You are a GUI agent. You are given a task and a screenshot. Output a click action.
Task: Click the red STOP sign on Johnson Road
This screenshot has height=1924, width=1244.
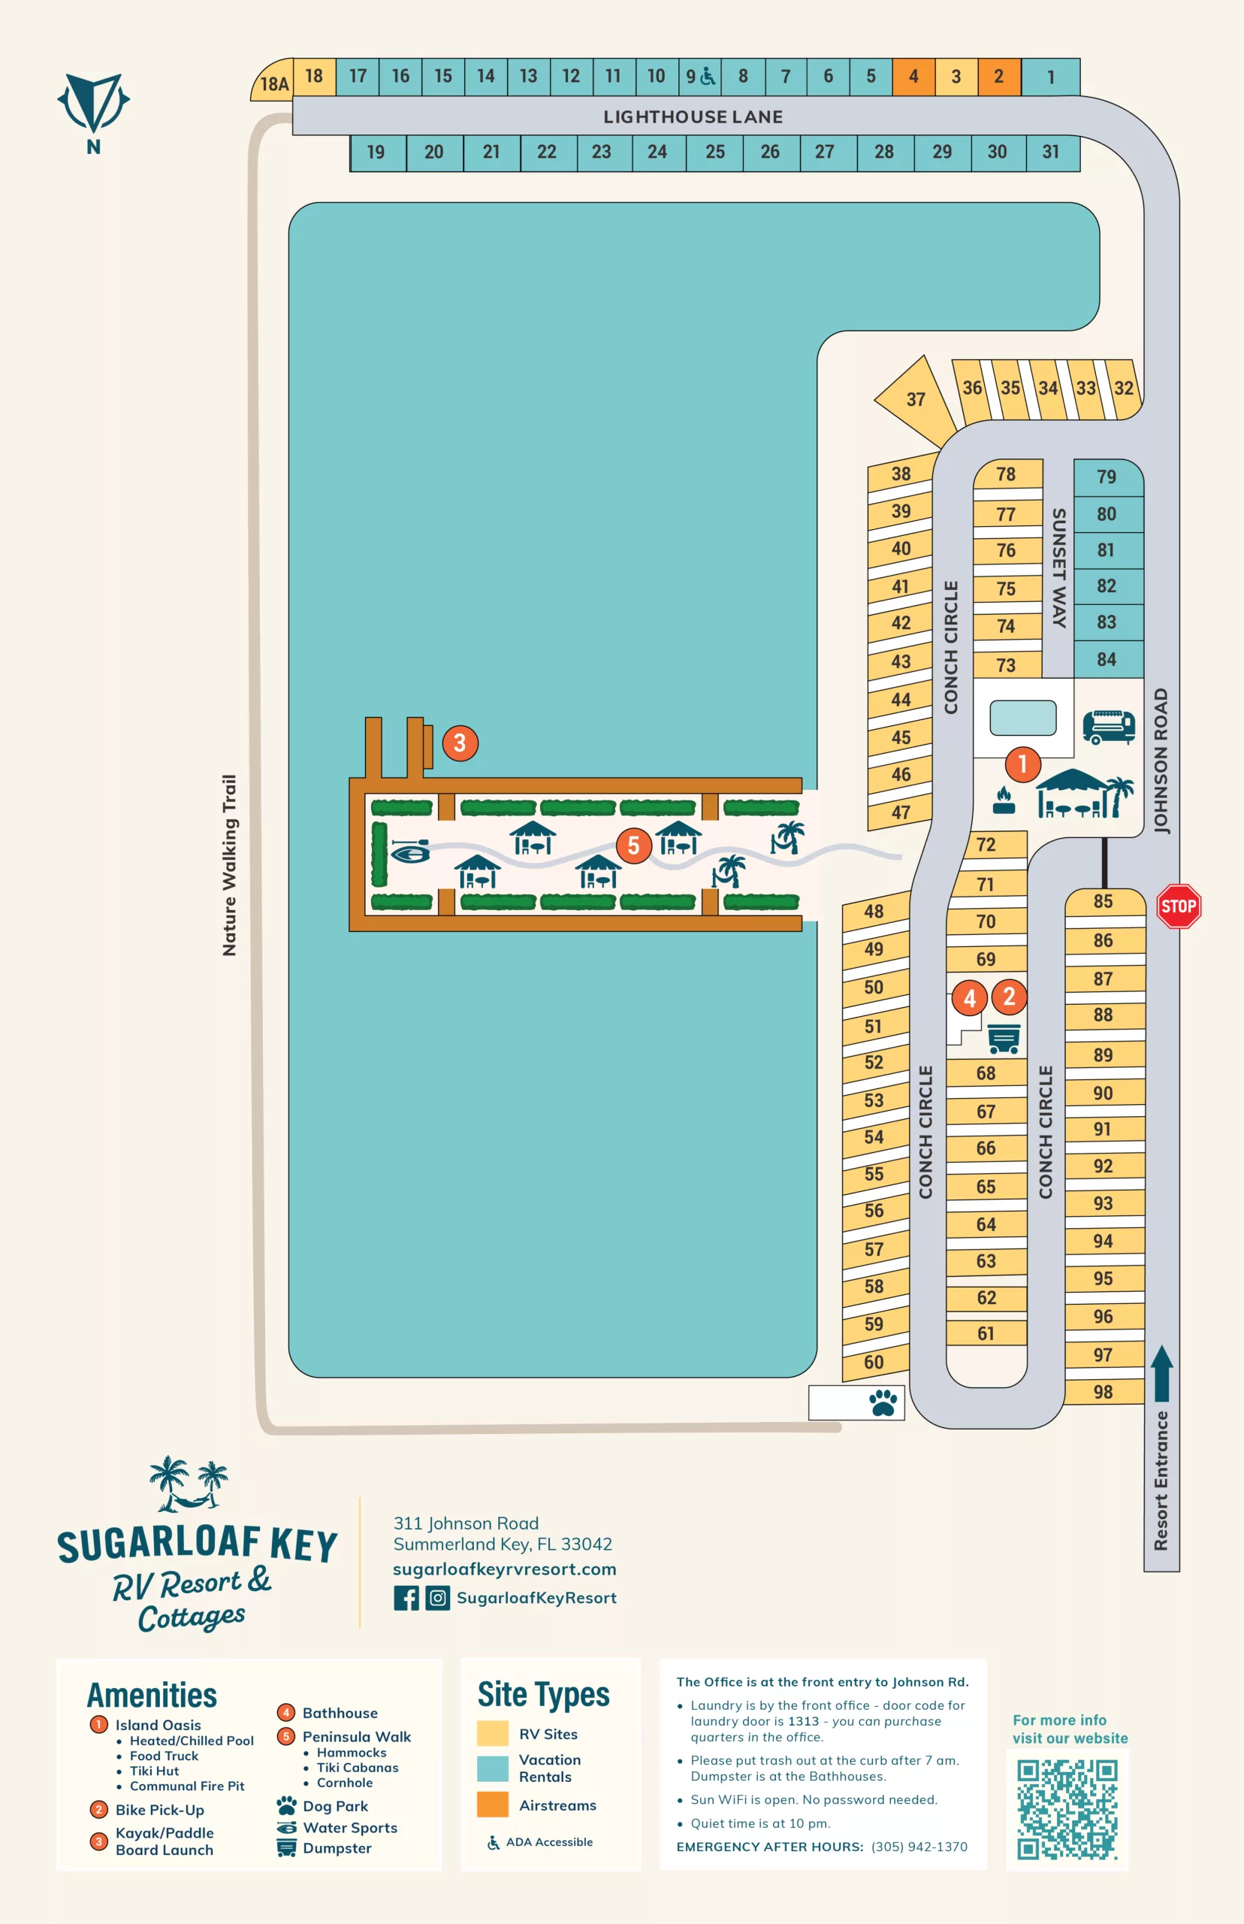click(1178, 906)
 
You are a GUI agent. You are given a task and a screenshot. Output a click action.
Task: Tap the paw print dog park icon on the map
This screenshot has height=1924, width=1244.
click(883, 1403)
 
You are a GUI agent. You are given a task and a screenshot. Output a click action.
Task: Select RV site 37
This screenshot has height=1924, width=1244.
click(915, 399)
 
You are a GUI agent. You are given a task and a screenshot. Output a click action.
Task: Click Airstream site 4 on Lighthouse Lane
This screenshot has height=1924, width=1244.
click(913, 77)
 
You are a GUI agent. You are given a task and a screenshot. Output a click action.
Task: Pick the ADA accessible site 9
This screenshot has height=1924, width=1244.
click(699, 77)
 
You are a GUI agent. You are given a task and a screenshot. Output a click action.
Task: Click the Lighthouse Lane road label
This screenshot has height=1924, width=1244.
click(693, 117)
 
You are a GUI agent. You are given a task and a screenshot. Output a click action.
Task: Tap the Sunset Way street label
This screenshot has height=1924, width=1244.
click(1058, 568)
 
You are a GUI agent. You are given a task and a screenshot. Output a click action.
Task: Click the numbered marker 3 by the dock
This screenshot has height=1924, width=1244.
click(460, 743)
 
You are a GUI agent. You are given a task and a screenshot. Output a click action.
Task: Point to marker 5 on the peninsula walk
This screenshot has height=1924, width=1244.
click(633, 846)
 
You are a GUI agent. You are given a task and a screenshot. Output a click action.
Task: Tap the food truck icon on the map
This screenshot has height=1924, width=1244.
click(1108, 727)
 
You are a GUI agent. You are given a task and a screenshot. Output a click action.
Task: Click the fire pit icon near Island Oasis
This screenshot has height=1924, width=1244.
click(1004, 800)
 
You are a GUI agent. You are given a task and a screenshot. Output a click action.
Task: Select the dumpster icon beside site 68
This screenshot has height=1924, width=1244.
click(1004, 1039)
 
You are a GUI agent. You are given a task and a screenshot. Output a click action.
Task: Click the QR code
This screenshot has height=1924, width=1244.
click(1067, 1809)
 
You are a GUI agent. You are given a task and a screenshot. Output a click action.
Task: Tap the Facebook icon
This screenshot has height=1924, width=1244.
click(406, 1598)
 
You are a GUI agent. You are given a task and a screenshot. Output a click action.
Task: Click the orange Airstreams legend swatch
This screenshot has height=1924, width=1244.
click(493, 1805)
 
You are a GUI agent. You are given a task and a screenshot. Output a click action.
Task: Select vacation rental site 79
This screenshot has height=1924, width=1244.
click(1107, 476)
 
